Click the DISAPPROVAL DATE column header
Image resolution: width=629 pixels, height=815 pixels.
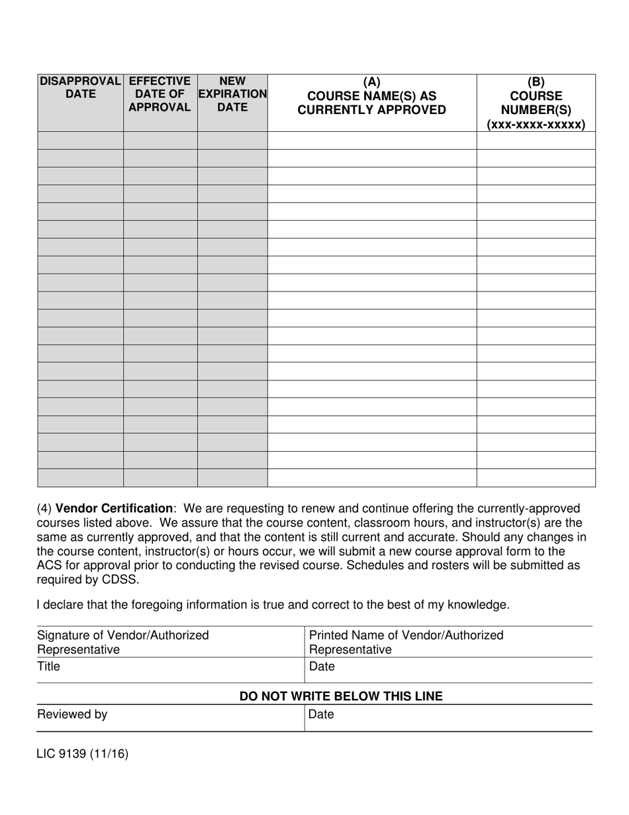pos(80,87)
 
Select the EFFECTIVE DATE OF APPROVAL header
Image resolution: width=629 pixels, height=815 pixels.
pos(160,94)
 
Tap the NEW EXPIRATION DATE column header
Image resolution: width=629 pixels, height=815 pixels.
pos(232,94)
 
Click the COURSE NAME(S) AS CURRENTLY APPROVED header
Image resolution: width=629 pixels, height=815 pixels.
pos(371,103)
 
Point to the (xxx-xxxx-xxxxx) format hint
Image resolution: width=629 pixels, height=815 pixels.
pos(536,125)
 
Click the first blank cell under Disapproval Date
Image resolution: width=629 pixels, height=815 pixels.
pos(80,140)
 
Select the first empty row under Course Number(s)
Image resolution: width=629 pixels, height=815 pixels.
pos(536,140)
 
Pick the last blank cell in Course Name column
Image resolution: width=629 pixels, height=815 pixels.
pos(371,478)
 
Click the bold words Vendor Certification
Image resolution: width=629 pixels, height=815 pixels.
pos(114,509)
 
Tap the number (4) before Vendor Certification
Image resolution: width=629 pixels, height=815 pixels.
pos(44,509)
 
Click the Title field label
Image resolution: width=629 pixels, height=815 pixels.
pos(48,667)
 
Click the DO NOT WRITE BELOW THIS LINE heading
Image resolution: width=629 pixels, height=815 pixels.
pos(340,696)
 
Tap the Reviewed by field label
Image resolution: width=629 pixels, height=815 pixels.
pos(72,715)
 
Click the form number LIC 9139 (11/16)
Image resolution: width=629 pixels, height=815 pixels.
pos(82,753)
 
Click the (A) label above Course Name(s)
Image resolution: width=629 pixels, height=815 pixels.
pos(371,81)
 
